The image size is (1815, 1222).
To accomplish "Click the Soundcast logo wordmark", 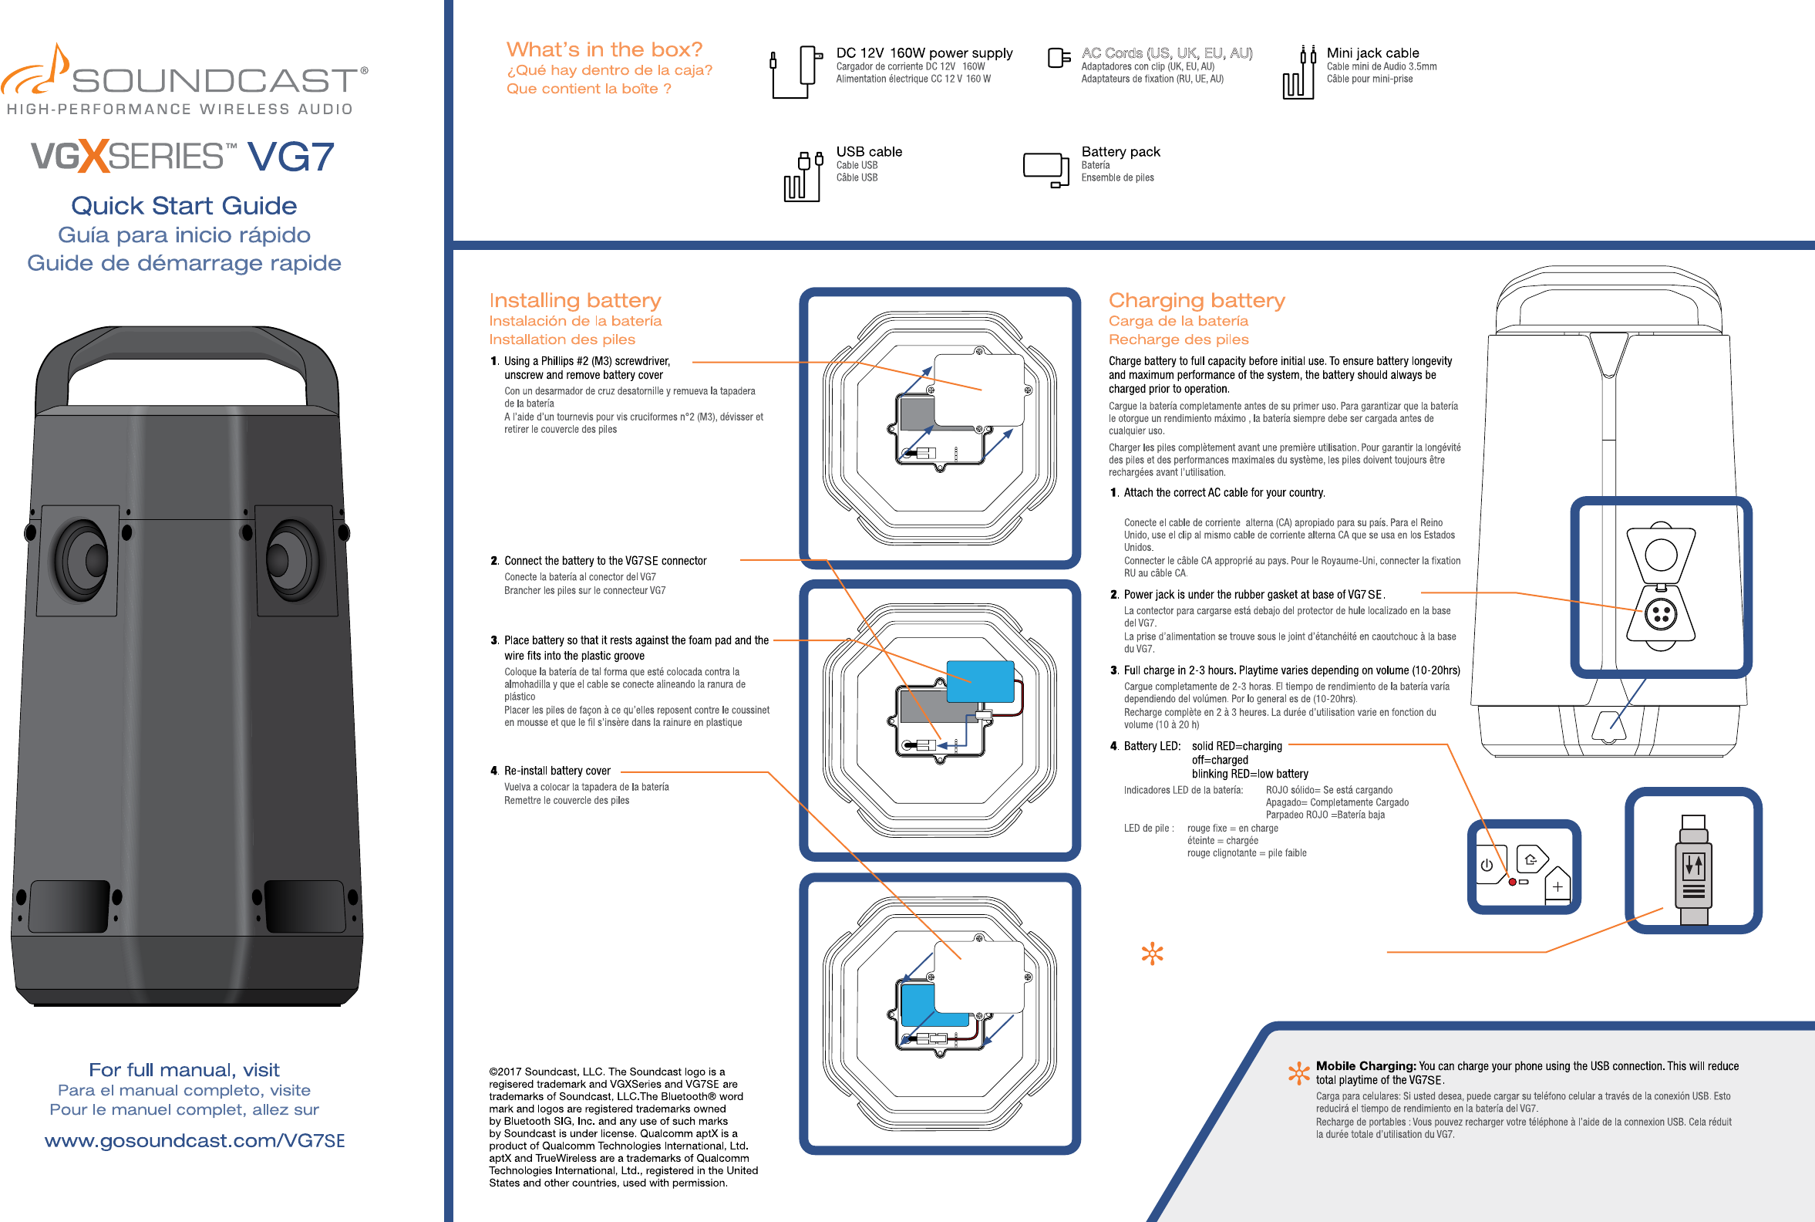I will tap(214, 81).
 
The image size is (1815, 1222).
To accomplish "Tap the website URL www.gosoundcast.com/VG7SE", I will tap(195, 1141).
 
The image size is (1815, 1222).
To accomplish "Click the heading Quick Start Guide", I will tap(184, 206).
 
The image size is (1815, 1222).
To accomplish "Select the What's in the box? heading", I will tap(604, 50).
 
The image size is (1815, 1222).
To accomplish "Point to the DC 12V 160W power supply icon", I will tap(796, 72).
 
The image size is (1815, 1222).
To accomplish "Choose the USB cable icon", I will tap(803, 176).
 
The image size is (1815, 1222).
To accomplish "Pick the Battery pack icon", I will tap(1046, 169).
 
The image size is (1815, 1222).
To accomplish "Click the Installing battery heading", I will tap(575, 301).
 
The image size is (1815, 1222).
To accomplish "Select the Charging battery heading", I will tap(1197, 301).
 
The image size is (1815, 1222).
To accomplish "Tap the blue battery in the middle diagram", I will tap(980, 681).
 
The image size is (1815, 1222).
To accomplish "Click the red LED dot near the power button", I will tap(1513, 883).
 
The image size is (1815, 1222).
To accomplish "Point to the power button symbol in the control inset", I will tap(1487, 865).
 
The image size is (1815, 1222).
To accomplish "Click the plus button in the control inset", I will tap(1557, 887).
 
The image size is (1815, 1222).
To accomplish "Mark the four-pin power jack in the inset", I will tap(1661, 615).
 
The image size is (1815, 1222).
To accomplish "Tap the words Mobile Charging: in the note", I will tap(1365, 1066).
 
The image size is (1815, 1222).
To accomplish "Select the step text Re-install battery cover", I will tap(557, 771).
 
